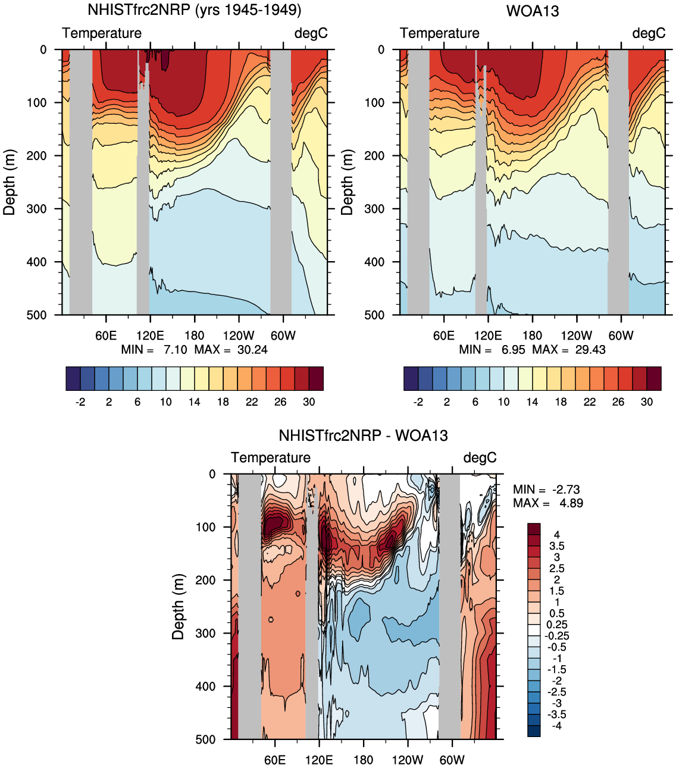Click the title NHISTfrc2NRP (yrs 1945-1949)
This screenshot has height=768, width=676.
[x=194, y=10]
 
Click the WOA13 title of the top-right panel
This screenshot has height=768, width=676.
[x=532, y=11]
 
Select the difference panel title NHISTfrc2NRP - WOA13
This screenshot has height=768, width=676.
[x=363, y=435]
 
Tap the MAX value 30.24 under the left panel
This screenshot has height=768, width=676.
[x=252, y=350]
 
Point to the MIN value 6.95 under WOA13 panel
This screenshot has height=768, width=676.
[x=513, y=350]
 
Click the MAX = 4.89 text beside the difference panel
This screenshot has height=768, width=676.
[x=547, y=503]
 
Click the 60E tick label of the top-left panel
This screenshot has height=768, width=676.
[x=106, y=336]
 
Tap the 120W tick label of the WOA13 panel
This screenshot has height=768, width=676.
[x=576, y=336]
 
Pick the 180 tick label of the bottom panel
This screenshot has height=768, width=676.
[x=363, y=760]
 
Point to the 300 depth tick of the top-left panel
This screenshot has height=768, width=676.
[x=36, y=209]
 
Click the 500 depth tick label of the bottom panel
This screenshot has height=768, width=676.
[x=205, y=739]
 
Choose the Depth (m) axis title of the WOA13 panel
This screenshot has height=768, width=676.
[x=347, y=182]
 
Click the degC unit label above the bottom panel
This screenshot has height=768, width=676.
[x=480, y=457]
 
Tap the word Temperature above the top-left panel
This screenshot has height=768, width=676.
[x=102, y=33]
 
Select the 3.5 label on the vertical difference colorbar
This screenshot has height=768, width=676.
[x=557, y=546]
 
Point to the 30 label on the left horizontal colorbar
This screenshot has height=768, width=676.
[x=309, y=402]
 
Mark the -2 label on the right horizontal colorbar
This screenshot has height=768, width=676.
[x=418, y=402]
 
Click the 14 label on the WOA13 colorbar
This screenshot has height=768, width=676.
[x=532, y=402]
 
